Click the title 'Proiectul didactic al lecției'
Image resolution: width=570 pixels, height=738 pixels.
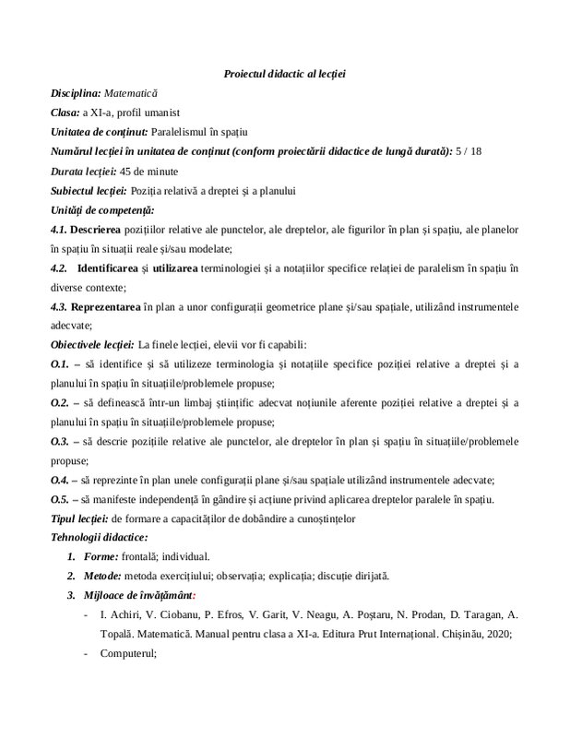tap(284, 73)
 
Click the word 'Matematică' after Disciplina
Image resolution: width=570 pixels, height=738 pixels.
tap(131, 93)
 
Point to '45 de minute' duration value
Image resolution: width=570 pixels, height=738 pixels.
tap(148, 171)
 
